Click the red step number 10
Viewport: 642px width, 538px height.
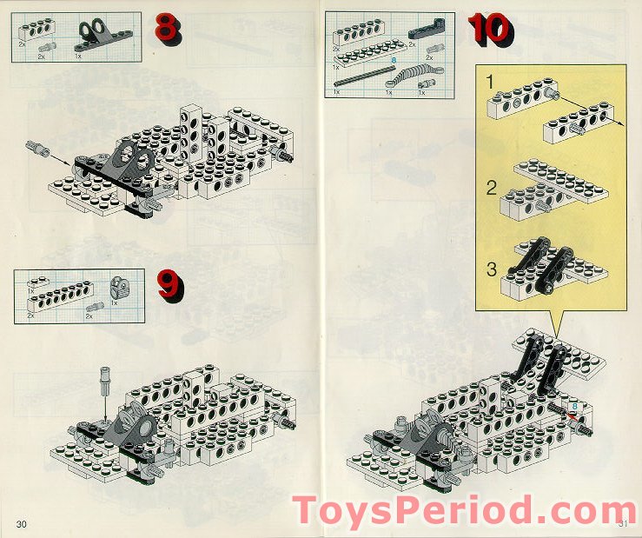click(491, 29)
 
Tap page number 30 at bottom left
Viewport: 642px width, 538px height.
click(22, 522)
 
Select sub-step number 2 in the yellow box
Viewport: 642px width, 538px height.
click(491, 187)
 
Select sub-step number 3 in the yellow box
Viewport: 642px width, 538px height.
click(491, 269)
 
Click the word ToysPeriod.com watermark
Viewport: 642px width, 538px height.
click(465, 511)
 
